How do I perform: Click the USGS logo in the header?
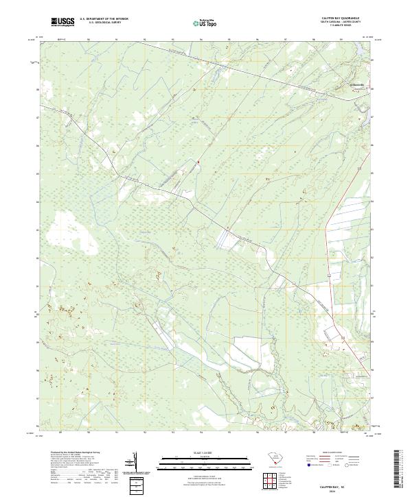[x=62, y=22]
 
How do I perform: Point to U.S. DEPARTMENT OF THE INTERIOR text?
[x=104, y=19]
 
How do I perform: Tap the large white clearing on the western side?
[x=69, y=237]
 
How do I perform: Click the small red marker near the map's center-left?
[x=198, y=162]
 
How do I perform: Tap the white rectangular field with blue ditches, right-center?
[x=230, y=237]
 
